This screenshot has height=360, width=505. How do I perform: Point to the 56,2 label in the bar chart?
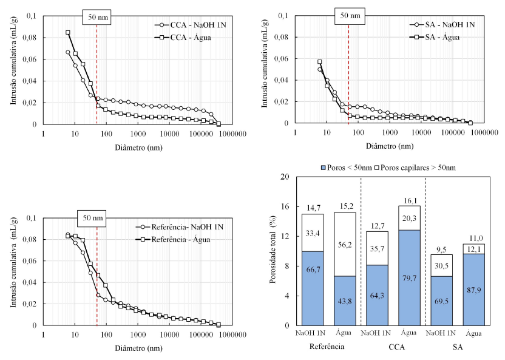[x=345, y=244]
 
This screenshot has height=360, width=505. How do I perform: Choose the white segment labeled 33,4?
[x=313, y=233]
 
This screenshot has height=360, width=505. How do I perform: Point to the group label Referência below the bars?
[x=328, y=347]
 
